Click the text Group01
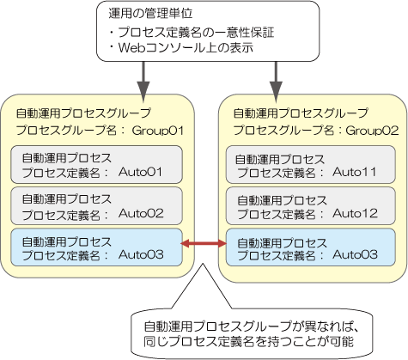[158, 131]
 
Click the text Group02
[372, 131]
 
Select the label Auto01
[140, 172]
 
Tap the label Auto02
[141, 213]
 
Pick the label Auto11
[354, 172]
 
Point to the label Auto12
[355, 213]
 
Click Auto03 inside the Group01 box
[141, 254]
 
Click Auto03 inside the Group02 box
[355, 254]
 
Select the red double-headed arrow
[204, 244]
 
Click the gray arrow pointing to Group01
[143, 82]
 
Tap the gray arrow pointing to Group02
[276, 82]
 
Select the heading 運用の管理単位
[150, 13]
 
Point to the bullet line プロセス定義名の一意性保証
[196, 32]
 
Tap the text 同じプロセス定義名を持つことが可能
[248, 341]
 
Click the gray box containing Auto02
[96, 206]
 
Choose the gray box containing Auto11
[311, 165]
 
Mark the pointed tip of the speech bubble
[203, 264]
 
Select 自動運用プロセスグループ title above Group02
[301, 113]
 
